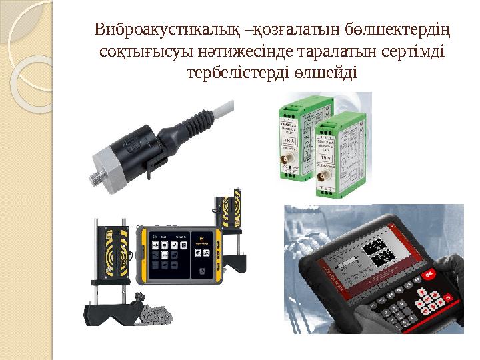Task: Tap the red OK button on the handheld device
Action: [x=429, y=273]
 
